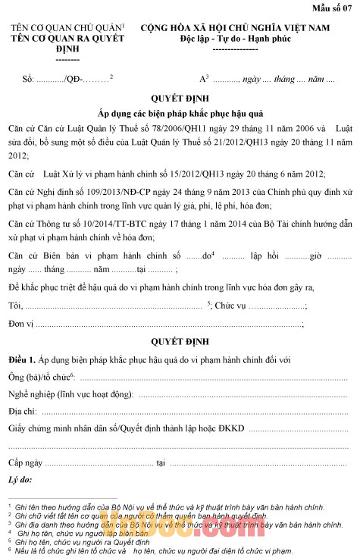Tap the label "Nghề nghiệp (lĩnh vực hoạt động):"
pyautogui.click(x=70, y=394)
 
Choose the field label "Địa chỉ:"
pyautogui.click(x=23, y=411)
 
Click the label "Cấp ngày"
pyautogui.click(x=25, y=462)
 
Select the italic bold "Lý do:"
pyautogui.click(x=20, y=480)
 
